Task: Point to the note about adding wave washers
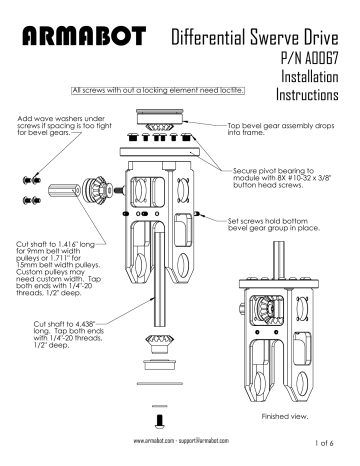point(63,126)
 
